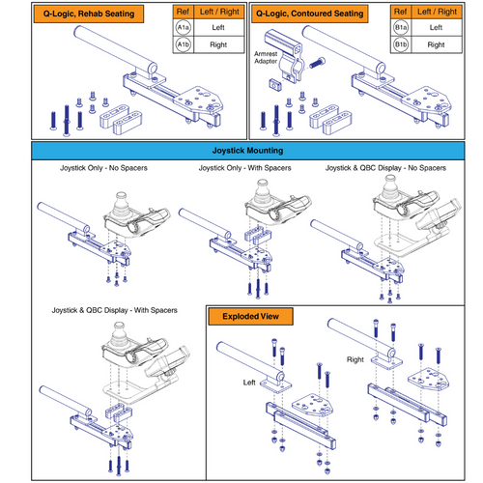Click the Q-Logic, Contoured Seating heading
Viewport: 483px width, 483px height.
(307, 14)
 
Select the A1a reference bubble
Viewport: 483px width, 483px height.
(182, 29)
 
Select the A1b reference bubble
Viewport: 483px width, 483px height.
(182, 44)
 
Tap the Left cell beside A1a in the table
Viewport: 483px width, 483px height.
(217, 29)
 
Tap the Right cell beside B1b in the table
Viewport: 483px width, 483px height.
(437, 44)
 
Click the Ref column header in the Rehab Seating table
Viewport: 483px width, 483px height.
(182, 13)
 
